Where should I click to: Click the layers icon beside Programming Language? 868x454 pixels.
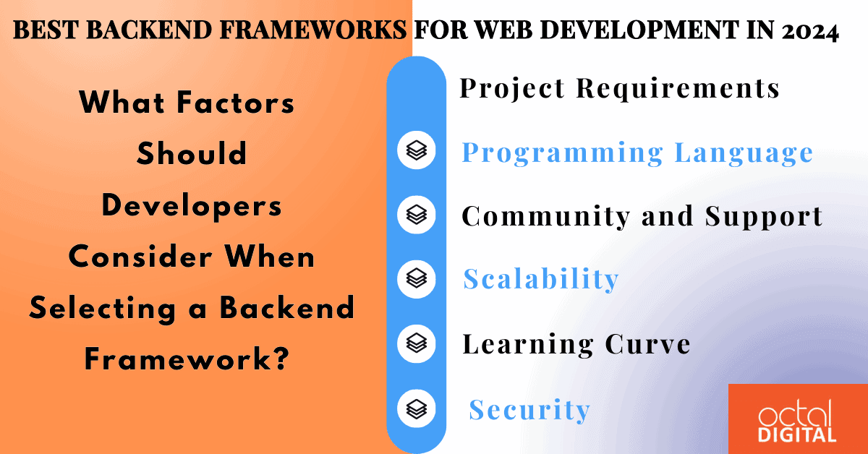417,150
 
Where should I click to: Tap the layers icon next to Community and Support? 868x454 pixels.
417,215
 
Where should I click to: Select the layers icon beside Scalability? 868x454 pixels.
417,278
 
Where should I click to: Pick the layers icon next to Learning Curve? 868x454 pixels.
417,342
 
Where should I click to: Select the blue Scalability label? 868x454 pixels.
540,279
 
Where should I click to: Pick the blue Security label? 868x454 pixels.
529,410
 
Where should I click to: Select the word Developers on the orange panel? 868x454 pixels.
192,206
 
